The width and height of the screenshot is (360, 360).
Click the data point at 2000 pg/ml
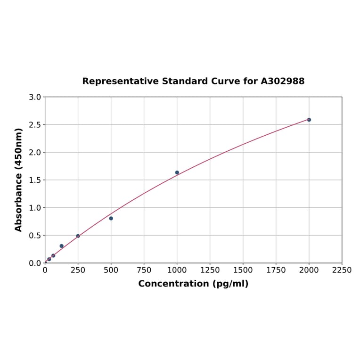tap(309, 120)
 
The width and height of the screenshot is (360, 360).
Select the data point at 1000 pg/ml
tap(177, 172)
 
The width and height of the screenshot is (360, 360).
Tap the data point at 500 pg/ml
tap(111, 218)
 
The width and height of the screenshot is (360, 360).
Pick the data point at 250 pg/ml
tap(78, 236)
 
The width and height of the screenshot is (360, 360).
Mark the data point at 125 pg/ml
tap(62, 246)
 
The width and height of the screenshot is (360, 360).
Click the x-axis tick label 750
tap(144, 270)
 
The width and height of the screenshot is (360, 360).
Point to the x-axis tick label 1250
tap(210, 270)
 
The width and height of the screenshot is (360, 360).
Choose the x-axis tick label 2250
tap(342, 270)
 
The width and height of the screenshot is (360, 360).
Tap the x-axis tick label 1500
tap(243, 270)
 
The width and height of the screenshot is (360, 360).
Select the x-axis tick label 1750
tap(276, 270)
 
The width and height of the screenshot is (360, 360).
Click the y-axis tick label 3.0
tap(35, 98)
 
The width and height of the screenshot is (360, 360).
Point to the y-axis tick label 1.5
tap(35, 180)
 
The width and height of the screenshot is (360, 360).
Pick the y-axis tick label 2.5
tap(35, 125)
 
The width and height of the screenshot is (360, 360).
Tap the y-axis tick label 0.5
tap(35, 236)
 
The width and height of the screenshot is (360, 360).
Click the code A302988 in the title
tap(283, 82)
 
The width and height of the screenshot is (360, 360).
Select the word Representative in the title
tap(121, 82)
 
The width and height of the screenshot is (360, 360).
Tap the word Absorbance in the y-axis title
tap(19, 193)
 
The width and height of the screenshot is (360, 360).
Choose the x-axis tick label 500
tap(111, 270)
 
